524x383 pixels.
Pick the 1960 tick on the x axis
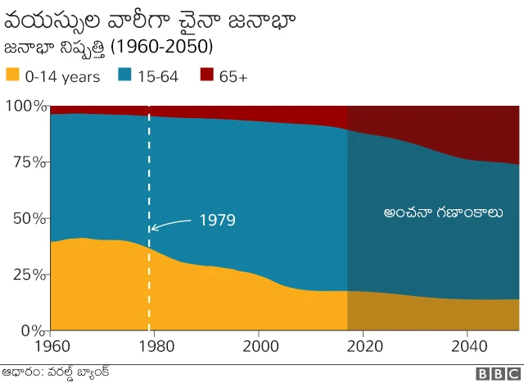point(50,346)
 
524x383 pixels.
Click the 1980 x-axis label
point(154,346)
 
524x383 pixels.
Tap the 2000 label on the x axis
point(259,346)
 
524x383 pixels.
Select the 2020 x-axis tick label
point(363,346)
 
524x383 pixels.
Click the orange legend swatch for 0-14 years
point(12,76)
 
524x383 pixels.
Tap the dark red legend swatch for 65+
point(206,76)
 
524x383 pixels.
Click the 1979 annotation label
point(217,221)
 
